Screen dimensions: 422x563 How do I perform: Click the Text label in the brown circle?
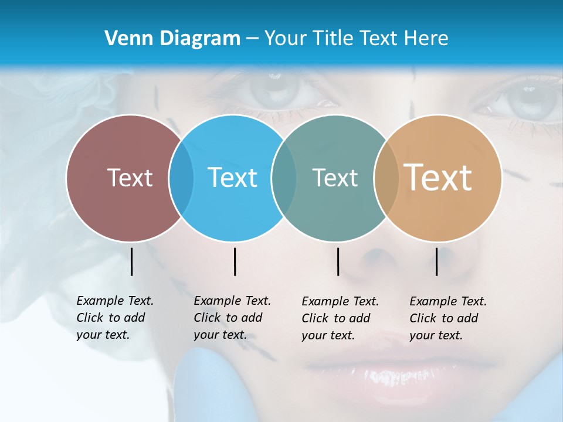click(130, 178)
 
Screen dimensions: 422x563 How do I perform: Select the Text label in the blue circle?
click(232, 178)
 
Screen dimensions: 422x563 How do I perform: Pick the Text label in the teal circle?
click(335, 178)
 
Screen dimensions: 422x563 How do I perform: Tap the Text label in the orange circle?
click(438, 177)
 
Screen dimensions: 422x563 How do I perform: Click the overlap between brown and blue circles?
click(181, 178)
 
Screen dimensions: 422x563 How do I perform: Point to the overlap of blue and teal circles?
click(284, 178)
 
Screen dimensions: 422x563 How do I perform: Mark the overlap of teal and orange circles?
click(386, 178)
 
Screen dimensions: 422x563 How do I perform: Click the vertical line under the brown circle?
click(131, 261)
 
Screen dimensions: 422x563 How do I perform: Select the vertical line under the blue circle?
click(235, 261)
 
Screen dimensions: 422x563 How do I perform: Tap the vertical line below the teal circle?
click(338, 261)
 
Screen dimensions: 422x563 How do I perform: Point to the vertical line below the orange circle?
click(437, 261)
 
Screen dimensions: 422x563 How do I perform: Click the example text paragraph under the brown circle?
click(115, 318)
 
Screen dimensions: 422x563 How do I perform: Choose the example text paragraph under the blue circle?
click(232, 318)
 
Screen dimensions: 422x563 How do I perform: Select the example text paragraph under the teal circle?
click(340, 318)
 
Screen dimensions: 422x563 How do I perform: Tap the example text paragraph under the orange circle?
click(448, 318)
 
